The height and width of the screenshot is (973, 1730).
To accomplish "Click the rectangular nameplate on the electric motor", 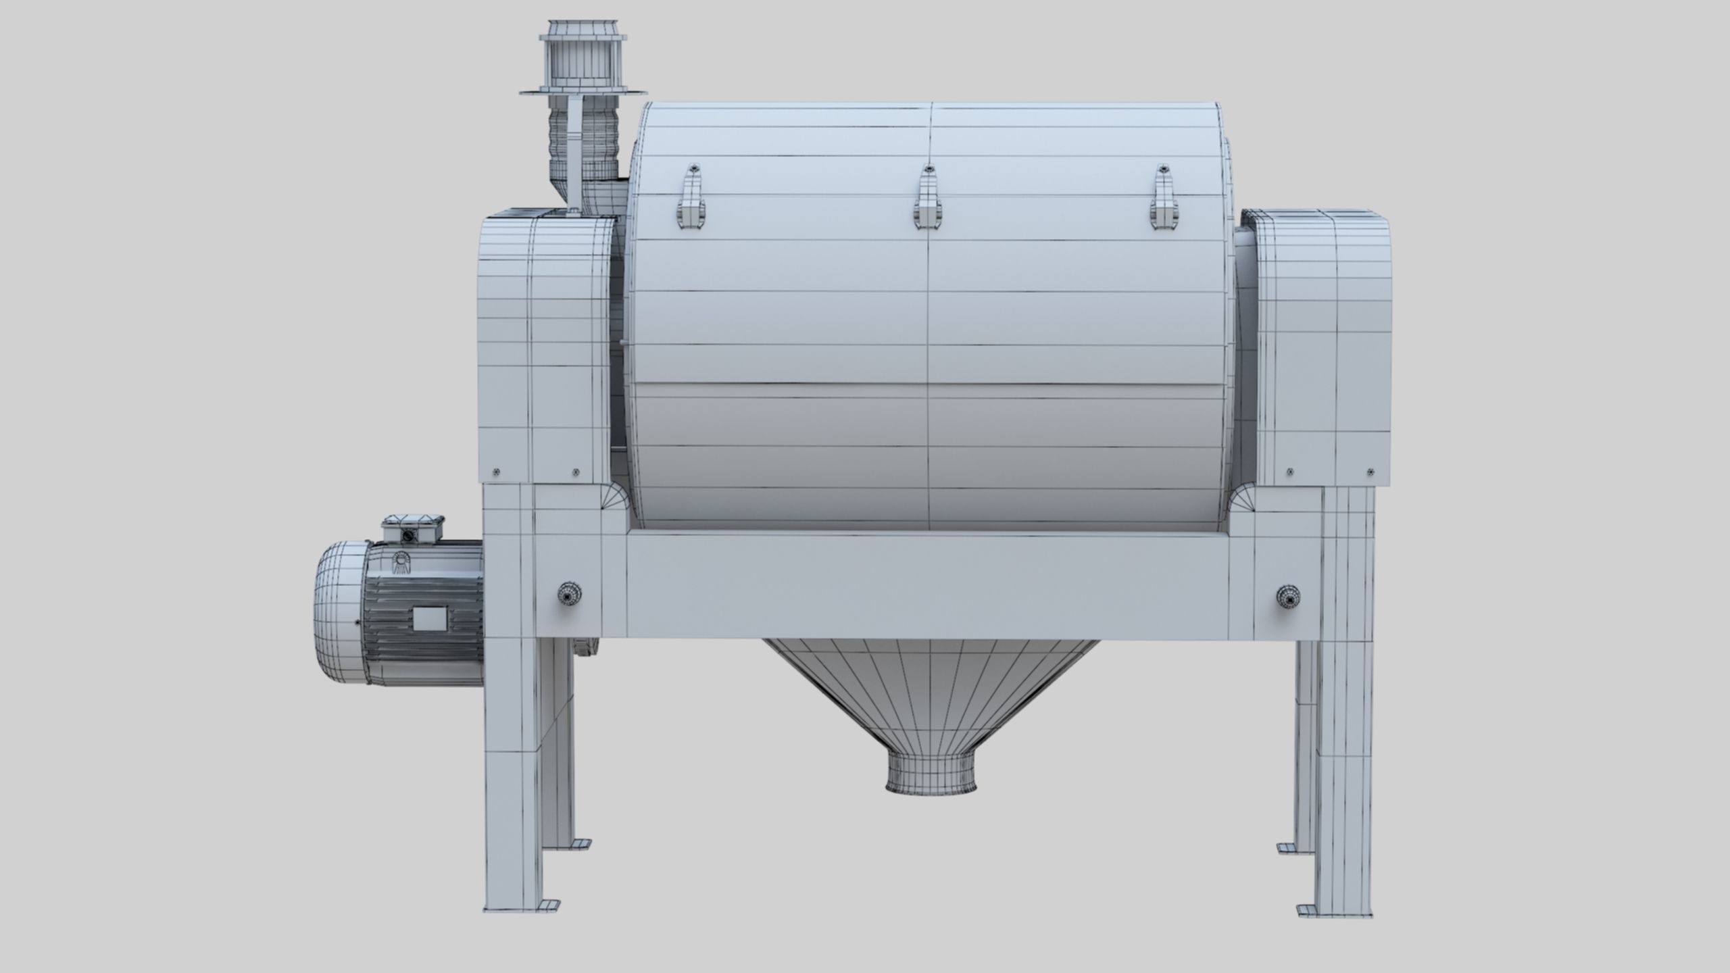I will (429, 619).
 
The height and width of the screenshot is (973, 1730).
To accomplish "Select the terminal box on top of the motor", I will (413, 528).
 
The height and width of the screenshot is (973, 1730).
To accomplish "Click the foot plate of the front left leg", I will (549, 905).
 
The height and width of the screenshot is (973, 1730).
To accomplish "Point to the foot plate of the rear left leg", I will (579, 843).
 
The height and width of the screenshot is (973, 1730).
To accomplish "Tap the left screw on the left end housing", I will (496, 472).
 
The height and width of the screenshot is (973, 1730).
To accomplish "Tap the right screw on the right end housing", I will (1370, 472).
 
